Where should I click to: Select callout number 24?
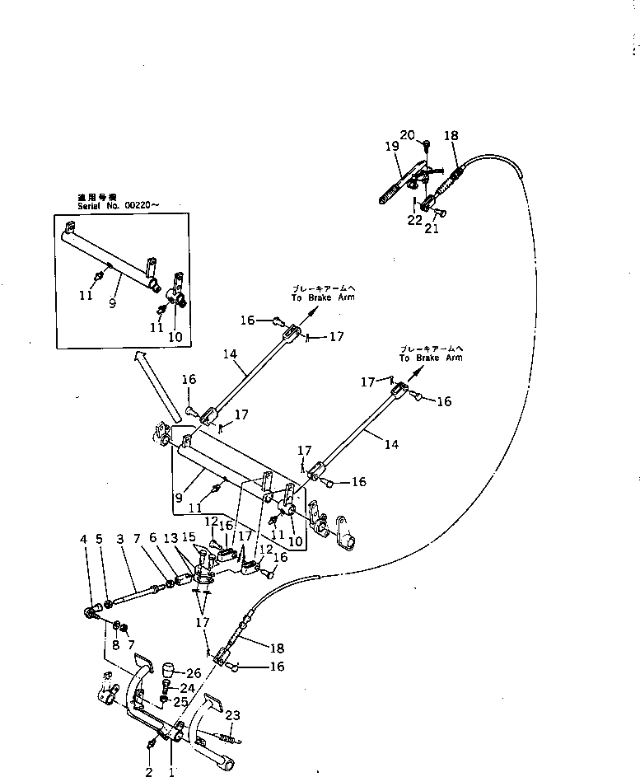click(188, 689)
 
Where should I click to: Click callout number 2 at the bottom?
click(149, 771)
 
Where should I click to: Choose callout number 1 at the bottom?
click(171, 771)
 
